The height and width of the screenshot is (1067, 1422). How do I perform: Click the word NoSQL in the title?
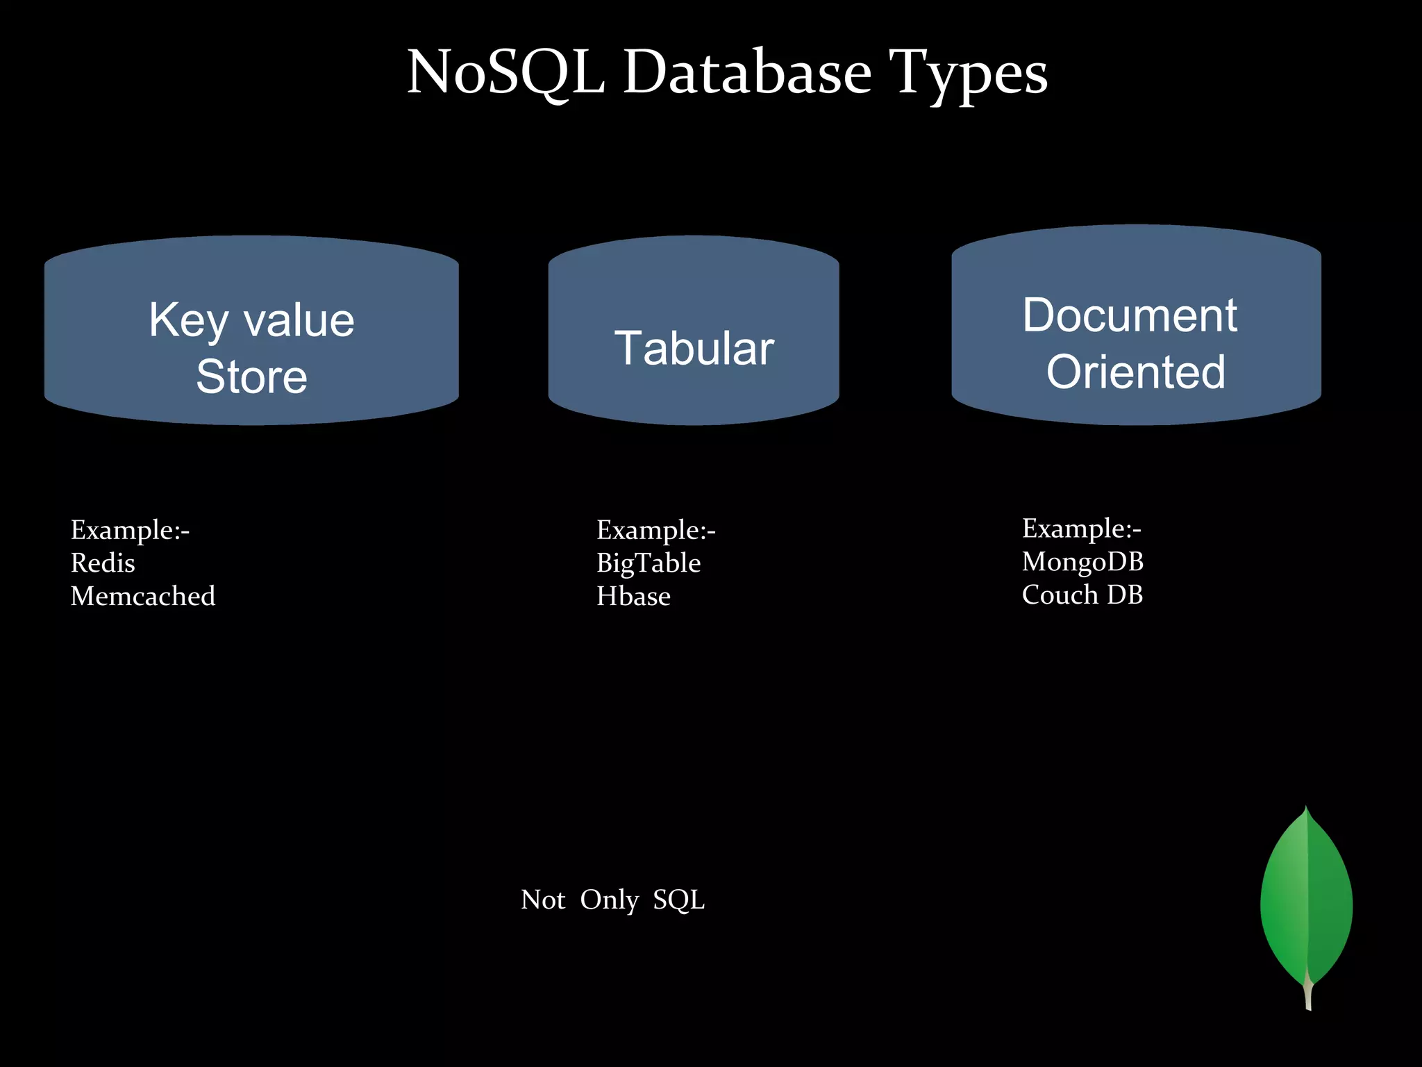click(505, 72)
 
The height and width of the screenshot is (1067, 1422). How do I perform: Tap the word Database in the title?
click(746, 72)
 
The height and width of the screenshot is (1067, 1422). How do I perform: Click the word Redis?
click(103, 563)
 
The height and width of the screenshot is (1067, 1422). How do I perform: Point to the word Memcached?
click(143, 596)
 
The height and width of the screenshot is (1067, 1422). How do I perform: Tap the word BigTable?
click(649, 563)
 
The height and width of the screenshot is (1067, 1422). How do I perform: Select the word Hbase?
click(633, 596)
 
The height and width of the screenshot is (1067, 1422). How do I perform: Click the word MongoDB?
click(1082, 562)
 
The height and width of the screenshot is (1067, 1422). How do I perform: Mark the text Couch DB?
click(1082, 595)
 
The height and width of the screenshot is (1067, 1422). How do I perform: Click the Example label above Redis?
click(130, 530)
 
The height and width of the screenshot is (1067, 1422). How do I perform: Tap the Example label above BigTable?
click(655, 530)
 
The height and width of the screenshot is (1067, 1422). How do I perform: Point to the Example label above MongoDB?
click(1081, 529)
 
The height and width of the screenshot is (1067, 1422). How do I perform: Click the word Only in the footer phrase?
click(609, 900)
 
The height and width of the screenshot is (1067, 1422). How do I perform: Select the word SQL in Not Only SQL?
click(678, 900)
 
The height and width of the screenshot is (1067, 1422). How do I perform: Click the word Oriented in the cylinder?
click(1136, 372)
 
